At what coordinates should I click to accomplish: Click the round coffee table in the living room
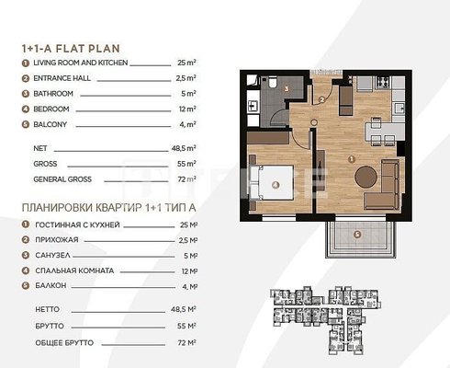(366, 177)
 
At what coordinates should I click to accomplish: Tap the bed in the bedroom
(272, 183)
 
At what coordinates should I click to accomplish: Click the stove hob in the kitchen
(383, 81)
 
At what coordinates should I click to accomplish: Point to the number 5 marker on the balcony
(357, 235)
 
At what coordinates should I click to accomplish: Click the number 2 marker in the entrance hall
(321, 99)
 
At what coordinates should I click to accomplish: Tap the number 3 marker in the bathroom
(287, 89)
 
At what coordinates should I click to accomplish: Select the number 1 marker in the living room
(352, 159)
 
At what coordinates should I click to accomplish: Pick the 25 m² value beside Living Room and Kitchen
(186, 63)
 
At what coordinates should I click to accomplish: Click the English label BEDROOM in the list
(51, 109)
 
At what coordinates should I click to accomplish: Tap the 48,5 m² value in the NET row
(184, 148)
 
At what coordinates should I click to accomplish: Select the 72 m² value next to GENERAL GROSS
(186, 179)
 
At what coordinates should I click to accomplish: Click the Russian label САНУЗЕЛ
(52, 255)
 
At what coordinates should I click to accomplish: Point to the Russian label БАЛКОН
(51, 285)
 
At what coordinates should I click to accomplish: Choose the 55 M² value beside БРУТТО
(186, 326)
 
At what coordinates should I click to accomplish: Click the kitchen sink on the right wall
(399, 109)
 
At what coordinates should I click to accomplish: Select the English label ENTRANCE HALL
(62, 78)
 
